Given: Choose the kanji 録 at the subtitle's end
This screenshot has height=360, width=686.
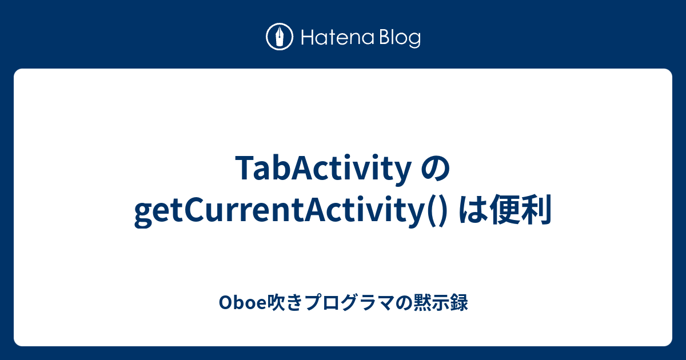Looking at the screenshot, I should (460, 302).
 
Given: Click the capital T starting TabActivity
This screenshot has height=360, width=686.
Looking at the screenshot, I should (242, 170).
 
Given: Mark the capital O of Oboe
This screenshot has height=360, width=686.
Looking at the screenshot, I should (224, 302).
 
